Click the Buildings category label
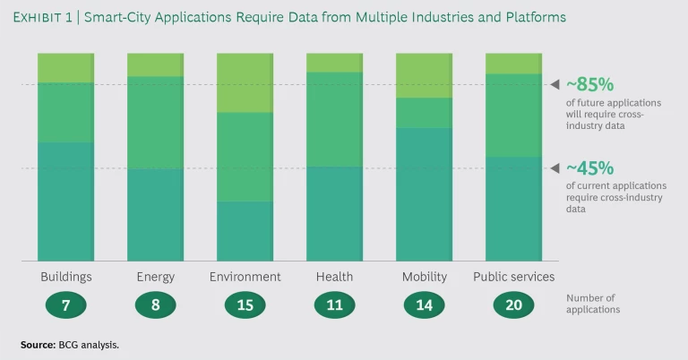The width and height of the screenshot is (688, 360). [x=66, y=277]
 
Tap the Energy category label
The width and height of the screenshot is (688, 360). [x=156, y=277]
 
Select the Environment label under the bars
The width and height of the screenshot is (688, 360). [x=245, y=277]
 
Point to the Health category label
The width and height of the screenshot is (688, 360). [x=334, y=277]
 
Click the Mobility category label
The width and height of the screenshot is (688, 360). [x=425, y=277]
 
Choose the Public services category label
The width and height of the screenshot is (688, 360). [x=513, y=277]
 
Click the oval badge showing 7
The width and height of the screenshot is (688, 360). [x=66, y=305]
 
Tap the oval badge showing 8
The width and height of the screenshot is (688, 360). [x=156, y=305]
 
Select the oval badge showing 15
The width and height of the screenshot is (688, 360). [x=245, y=305]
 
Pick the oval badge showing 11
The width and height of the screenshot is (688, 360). [x=334, y=305]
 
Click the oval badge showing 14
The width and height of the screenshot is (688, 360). [x=425, y=305]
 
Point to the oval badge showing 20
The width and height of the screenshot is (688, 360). [x=513, y=305]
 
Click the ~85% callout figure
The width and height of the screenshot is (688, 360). [x=589, y=85]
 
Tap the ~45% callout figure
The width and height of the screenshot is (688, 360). [x=589, y=168]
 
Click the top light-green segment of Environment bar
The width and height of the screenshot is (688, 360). [x=245, y=82]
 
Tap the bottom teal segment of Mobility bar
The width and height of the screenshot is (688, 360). [x=425, y=194]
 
